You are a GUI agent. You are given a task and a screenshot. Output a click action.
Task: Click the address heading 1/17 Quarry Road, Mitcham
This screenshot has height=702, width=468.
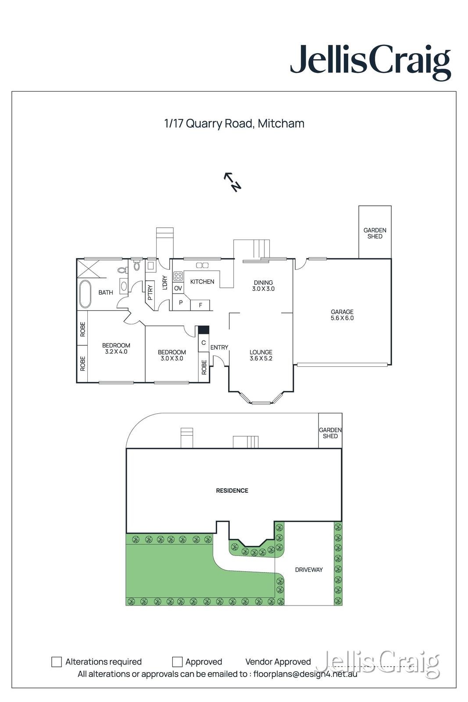234,123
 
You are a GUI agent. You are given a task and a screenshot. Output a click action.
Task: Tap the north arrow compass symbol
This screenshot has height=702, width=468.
233,182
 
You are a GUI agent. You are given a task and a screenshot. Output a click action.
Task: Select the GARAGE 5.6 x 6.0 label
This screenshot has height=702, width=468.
342,315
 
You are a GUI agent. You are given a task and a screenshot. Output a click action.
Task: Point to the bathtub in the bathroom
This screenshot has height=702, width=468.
85,294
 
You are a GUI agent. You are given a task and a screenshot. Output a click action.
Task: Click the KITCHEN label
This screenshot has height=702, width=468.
202,282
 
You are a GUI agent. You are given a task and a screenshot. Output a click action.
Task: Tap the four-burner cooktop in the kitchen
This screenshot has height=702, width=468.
178,276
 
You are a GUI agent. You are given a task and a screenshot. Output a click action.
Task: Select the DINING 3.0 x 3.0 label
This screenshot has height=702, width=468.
263,286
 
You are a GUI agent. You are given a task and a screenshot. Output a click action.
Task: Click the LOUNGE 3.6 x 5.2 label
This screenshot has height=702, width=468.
261,355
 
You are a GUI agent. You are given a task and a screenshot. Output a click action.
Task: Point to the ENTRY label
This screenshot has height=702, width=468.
219,347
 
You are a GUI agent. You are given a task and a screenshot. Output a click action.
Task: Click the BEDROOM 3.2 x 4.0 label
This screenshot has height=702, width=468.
116,348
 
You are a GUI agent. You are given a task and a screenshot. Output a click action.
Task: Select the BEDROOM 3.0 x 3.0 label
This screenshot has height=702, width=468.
172,355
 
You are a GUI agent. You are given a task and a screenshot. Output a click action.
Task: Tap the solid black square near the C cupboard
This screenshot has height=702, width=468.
204,330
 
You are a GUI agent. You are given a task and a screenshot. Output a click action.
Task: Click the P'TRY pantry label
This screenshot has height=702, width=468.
150,293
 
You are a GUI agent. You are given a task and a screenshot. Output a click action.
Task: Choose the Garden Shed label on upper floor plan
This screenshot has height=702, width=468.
375,233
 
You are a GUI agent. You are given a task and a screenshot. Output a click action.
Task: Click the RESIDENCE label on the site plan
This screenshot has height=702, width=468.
232,491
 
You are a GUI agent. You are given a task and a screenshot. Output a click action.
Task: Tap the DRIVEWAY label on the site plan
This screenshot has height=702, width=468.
309,569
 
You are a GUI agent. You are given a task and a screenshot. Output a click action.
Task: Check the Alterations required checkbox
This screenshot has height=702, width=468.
57,662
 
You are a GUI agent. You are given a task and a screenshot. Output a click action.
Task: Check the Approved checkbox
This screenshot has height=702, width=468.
177,662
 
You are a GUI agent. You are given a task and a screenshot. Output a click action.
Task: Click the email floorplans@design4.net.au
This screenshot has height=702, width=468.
305,674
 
